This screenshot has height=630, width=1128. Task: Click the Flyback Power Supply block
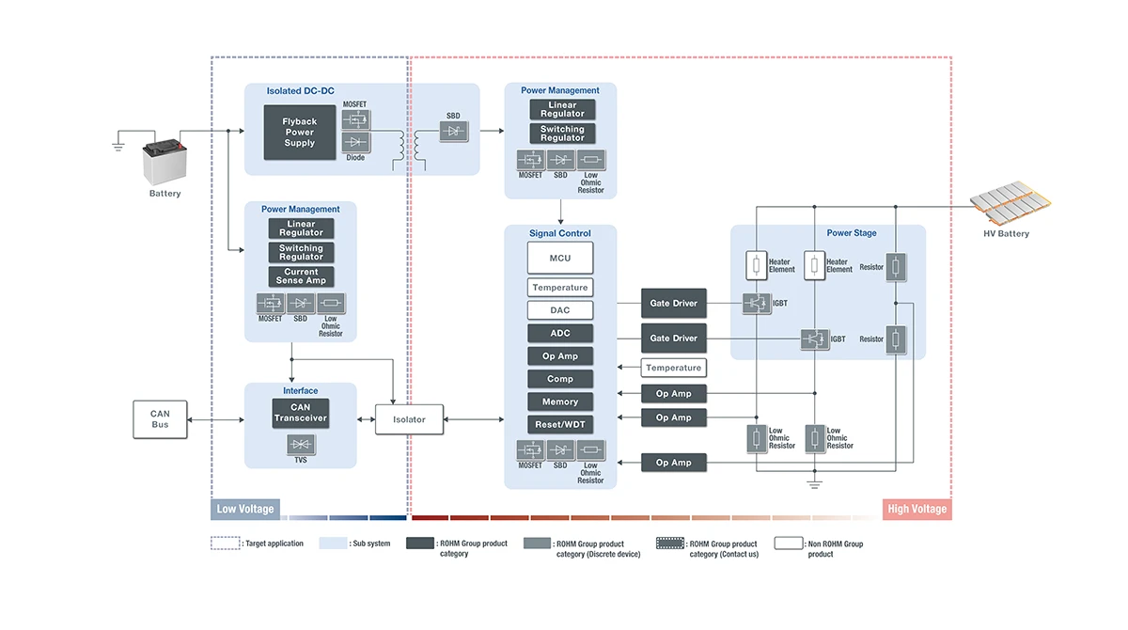[300, 133]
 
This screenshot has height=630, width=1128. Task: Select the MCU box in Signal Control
[560, 258]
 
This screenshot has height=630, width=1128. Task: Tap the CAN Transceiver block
[301, 413]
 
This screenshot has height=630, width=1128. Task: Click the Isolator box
[409, 419]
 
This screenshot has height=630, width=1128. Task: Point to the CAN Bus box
[160, 419]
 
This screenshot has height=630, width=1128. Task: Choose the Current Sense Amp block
[301, 276]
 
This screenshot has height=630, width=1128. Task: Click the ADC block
[560, 333]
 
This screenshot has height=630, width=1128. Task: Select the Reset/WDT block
[560, 425]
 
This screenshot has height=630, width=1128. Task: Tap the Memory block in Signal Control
[560, 402]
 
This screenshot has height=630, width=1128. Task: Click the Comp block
[560, 379]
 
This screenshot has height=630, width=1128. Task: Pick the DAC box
[560, 310]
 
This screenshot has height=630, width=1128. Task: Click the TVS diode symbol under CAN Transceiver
[301, 445]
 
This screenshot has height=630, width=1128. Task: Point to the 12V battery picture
[164, 161]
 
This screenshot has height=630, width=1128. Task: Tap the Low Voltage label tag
[245, 510]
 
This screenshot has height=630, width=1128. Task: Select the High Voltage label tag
[917, 510]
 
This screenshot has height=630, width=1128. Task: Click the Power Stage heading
[852, 233]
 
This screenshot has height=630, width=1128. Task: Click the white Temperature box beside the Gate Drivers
[673, 368]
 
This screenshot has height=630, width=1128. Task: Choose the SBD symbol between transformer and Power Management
[454, 134]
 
